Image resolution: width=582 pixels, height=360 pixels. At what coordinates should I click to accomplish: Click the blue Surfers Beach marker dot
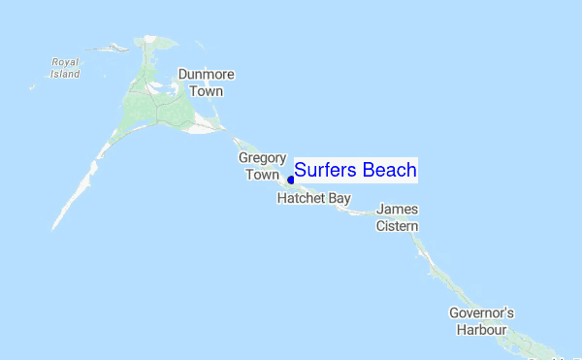click(x=290, y=180)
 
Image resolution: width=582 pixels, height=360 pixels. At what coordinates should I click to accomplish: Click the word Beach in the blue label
click(x=389, y=170)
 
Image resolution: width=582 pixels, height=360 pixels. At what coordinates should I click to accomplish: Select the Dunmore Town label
click(x=207, y=83)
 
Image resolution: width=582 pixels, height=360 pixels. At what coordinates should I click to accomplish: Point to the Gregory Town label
click(x=262, y=166)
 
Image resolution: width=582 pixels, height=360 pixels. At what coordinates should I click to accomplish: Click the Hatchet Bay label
click(x=313, y=197)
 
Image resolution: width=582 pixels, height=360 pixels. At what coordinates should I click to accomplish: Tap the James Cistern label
click(x=397, y=217)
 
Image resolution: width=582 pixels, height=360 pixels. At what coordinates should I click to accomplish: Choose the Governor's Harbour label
click(x=481, y=321)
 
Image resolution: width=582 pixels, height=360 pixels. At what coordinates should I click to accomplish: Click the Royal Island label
click(x=66, y=67)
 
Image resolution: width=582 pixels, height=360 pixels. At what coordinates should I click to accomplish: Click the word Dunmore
click(x=207, y=75)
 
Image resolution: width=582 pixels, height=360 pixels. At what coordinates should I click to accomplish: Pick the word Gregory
click(x=262, y=157)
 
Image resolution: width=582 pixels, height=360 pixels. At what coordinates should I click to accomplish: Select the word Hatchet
click(x=302, y=197)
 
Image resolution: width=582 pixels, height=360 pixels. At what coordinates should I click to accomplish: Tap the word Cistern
click(x=397, y=226)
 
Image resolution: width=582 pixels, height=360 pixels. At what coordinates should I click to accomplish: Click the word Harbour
click(x=481, y=330)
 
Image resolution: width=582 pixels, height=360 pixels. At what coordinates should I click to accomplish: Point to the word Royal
click(x=66, y=61)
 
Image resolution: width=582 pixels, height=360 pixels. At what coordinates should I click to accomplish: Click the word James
click(x=397, y=209)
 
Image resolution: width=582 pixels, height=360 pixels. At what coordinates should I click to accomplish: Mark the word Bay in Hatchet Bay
click(x=339, y=197)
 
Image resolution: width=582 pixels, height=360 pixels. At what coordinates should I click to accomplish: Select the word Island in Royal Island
click(x=66, y=74)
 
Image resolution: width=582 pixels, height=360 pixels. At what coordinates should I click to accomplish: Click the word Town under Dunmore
click(x=207, y=92)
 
